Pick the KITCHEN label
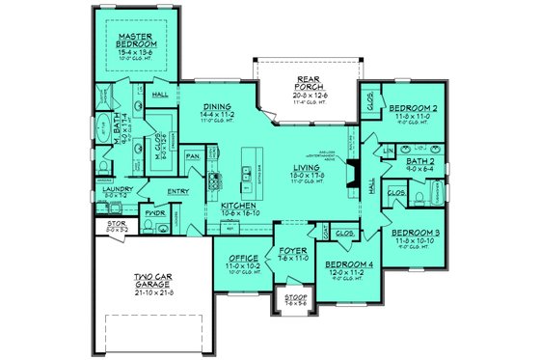click(236, 206)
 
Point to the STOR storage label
click(115, 228)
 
